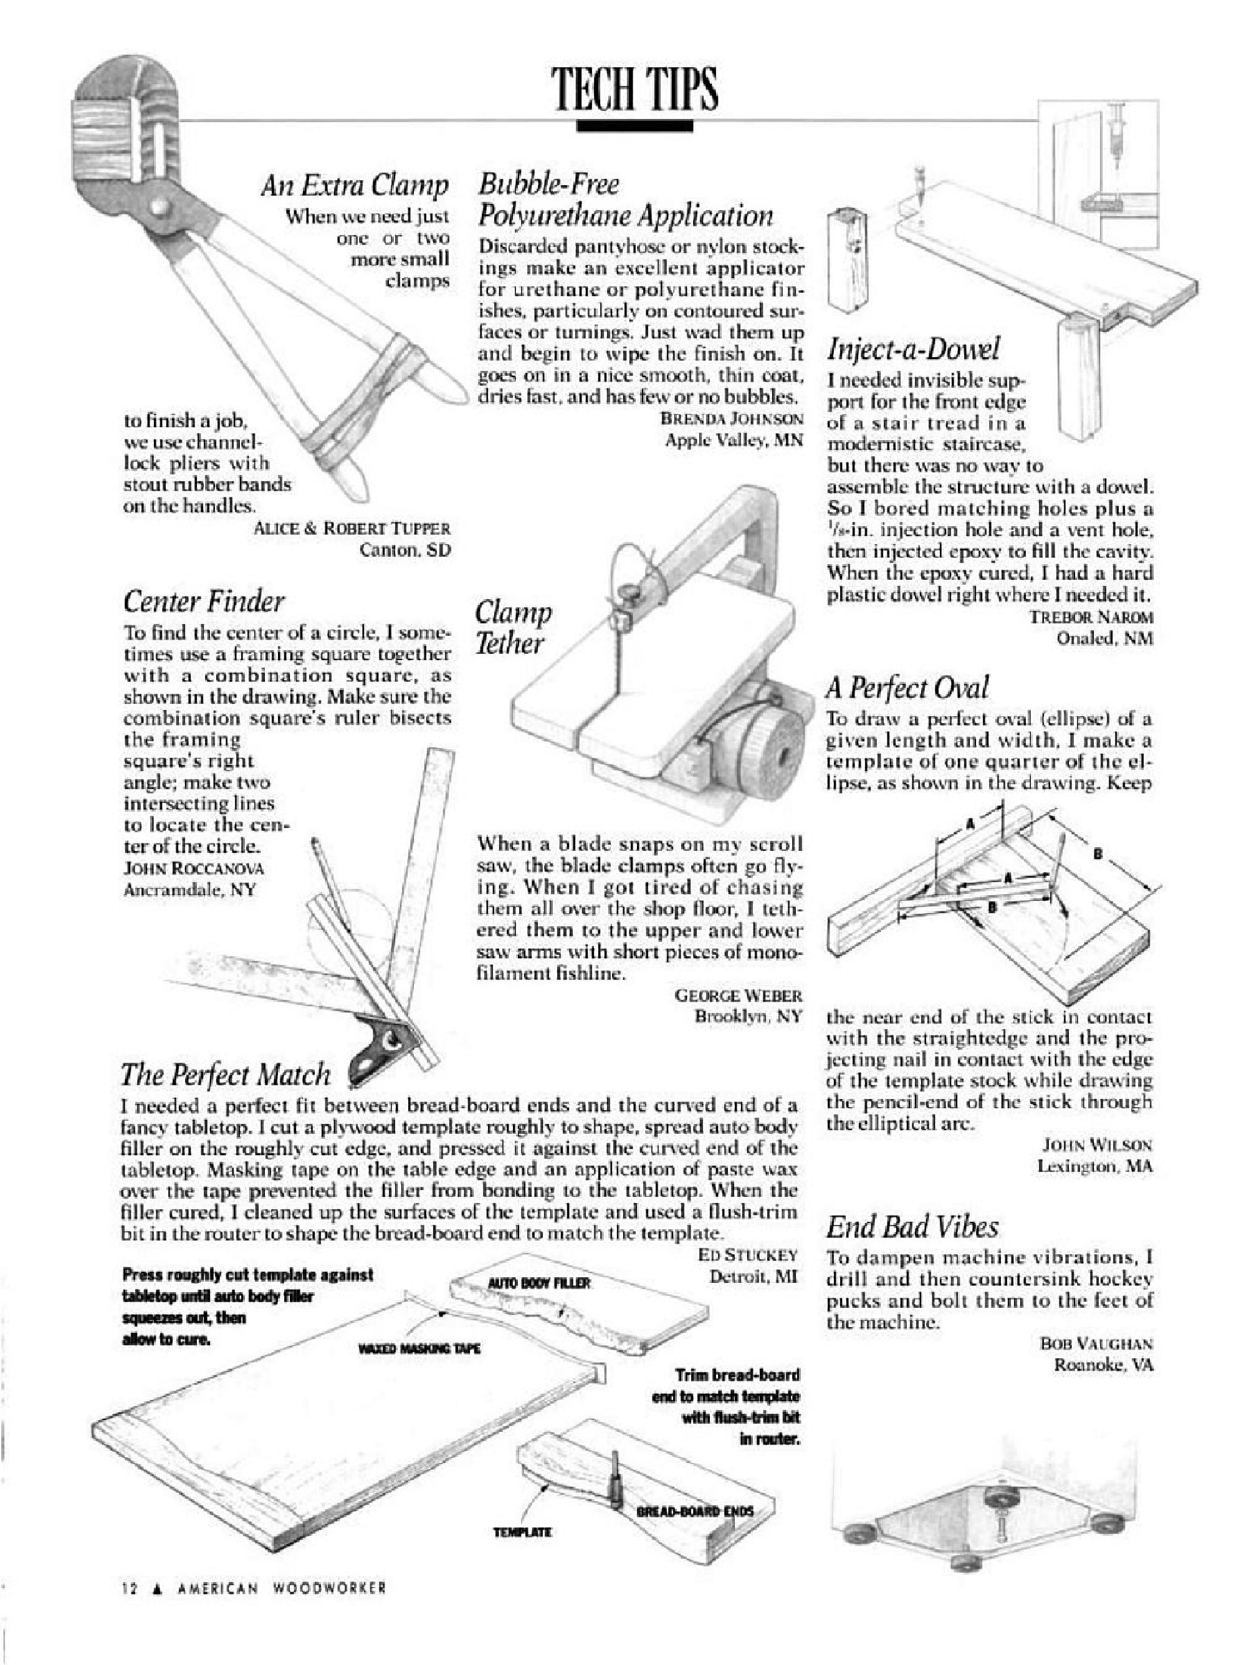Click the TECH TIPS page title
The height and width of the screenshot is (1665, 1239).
coord(634,89)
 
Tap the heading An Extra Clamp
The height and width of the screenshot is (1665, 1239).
coord(354,185)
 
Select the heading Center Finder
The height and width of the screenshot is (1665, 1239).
coord(203,601)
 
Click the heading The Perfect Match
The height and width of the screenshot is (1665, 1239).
coord(225,1074)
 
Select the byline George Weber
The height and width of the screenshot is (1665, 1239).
coord(739,996)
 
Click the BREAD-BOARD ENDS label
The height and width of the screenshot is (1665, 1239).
coord(694,1510)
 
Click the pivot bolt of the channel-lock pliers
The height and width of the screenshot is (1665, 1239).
coord(160,204)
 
